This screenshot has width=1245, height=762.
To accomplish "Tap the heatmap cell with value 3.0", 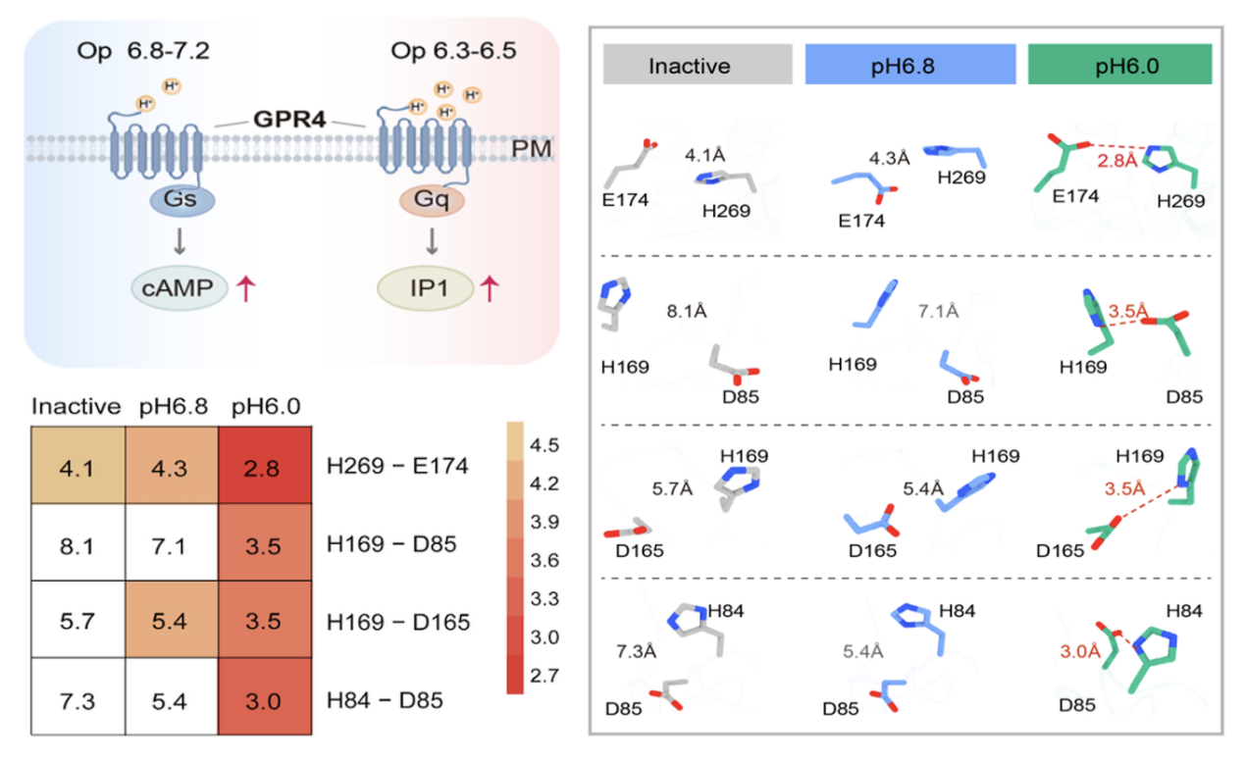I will (265, 699).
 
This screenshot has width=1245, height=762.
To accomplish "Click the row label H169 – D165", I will (399, 621).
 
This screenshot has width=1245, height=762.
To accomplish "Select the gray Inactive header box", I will (697, 65).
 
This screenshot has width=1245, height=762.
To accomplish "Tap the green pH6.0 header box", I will (1119, 65).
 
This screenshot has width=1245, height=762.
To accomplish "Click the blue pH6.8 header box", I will (908, 65).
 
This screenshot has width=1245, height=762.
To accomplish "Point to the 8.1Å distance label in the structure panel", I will (687, 311).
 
